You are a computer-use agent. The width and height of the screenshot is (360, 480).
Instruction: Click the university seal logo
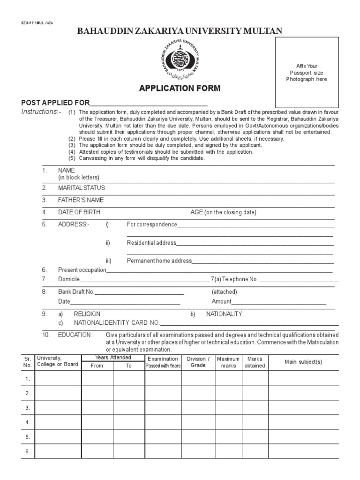(180, 60)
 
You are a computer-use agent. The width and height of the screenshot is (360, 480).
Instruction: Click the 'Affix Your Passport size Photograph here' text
(307, 73)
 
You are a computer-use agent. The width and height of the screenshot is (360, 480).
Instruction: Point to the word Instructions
(41, 112)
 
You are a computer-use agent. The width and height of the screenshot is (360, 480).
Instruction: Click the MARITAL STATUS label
(82, 188)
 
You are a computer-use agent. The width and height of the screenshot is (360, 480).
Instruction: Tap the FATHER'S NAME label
(81, 200)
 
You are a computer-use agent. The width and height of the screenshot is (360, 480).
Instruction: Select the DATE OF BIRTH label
(79, 212)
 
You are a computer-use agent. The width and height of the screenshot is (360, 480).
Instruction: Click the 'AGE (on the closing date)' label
(223, 212)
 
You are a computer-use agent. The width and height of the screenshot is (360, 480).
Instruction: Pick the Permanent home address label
(159, 261)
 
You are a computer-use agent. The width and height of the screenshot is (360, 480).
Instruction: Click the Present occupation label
(82, 270)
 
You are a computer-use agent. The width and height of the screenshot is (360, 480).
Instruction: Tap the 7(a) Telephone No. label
(234, 279)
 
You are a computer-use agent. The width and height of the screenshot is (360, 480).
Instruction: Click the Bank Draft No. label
(76, 292)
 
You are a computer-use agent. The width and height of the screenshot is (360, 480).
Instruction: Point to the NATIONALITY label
(224, 314)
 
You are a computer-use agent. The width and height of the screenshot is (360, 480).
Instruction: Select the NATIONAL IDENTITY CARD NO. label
(117, 323)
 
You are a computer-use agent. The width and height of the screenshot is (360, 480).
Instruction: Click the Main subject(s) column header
(303, 362)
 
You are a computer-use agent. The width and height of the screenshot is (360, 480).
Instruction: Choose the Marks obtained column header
(255, 362)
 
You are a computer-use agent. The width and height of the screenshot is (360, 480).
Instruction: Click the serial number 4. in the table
(28, 422)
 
